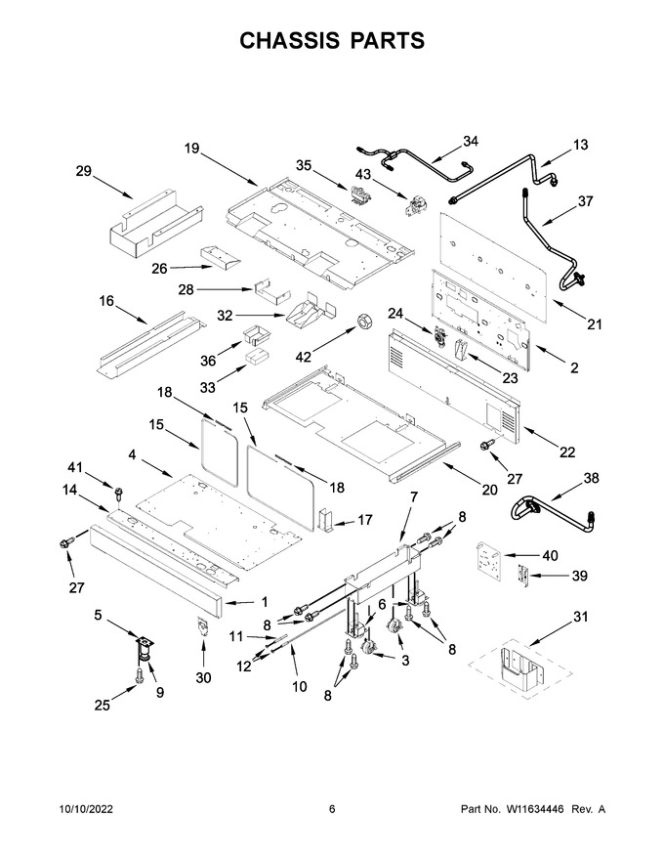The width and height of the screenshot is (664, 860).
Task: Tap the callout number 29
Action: pos(83,171)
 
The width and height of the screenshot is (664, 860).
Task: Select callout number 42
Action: pos(303,357)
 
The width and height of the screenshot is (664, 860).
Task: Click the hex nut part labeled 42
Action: pos(362,322)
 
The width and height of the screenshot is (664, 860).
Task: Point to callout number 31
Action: pos(580,617)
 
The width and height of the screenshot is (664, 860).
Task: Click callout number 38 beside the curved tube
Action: pos(591,478)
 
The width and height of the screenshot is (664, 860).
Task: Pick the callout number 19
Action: pos(191,149)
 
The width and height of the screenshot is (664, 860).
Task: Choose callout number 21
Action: pos(595,324)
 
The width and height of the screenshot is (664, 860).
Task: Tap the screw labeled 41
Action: pos(118,492)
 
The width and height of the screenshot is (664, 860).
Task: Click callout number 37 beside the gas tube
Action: pos(585,201)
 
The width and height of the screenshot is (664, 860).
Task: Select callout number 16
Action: pos(106,301)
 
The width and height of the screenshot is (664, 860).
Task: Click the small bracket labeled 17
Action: pos(325,520)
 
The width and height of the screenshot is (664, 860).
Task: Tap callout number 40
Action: pos(550,556)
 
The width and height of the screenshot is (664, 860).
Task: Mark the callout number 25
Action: pos(102,706)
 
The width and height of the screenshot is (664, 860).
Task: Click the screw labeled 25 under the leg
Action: pos(139,675)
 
